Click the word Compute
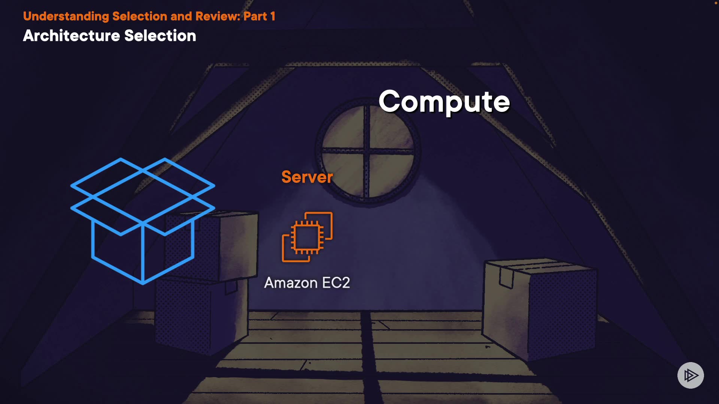coord(444,102)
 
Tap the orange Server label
coord(307,177)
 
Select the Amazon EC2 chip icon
coord(307,237)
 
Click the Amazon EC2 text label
coord(307,283)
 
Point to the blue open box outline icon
coord(143,221)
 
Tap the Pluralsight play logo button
coord(691,375)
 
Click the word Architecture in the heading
coord(72,36)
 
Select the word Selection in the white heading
coord(160,36)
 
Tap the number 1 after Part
coord(273,16)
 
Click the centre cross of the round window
coord(367,151)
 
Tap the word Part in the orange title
coord(255,16)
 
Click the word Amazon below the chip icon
coord(291,283)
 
